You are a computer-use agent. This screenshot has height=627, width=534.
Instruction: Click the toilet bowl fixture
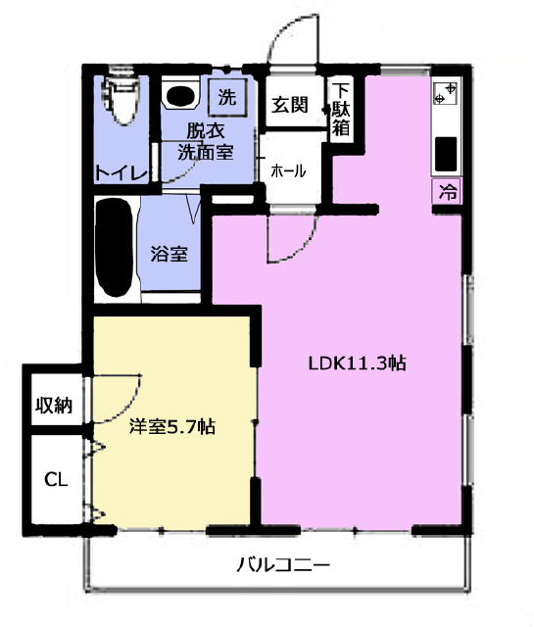pyautogui.click(x=121, y=99)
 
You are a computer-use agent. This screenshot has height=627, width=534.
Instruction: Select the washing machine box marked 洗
pyautogui.click(x=227, y=97)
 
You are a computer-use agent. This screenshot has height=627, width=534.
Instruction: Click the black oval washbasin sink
pyautogui.click(x=181, y=95)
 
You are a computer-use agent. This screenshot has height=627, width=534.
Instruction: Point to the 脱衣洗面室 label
pyautogui.click(x=206, y=141)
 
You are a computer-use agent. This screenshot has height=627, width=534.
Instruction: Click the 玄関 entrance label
pyautogui.click(x=290, y=105)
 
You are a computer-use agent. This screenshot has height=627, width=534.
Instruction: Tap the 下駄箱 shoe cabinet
pyautogui.click(x=341, y=109)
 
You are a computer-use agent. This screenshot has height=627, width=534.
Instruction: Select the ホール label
pyautogui.click(x=288, y=170)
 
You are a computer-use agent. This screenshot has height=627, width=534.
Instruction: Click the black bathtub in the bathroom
pyautogui.click(x=115, y=248)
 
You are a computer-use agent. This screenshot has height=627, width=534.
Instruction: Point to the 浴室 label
pyautogui.click(x=170, y=254)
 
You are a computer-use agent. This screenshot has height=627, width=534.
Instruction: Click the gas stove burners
pyautogui.click(x=446, y=93)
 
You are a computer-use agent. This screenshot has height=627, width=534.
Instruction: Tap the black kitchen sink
pyautogui.click(x=446, y=154)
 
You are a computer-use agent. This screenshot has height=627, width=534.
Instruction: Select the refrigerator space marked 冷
pyautogui.click(x=448, y=192)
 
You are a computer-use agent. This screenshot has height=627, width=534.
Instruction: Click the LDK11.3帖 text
pyautogui.click(x=358, y=363)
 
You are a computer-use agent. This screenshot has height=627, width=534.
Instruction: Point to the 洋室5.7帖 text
pyautogui.click(x=172, y=427)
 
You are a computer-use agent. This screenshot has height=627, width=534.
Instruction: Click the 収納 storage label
pyautogui.click(x=55, y=406)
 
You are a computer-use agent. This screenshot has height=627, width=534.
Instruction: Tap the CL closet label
pyautogui.click(x=56, y=479)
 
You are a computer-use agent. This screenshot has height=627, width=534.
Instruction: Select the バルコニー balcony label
pyautogui.click(x=283, y=564)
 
